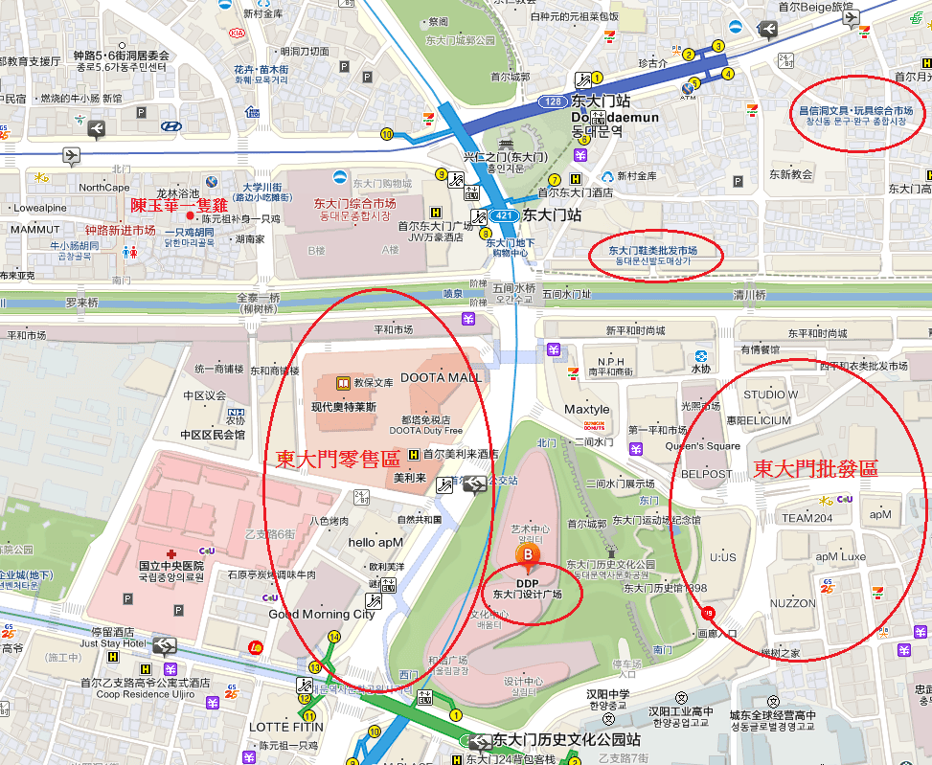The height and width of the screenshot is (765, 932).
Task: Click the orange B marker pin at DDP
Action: click(526, 556)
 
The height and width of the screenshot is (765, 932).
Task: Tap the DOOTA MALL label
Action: click(441, 377)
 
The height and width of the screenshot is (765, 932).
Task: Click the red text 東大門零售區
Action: click(337, 459)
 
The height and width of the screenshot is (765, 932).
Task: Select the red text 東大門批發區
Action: click(815, 468)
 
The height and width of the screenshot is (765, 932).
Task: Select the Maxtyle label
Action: click(586, 410)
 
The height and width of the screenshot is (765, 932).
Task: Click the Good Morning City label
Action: click(322, 614)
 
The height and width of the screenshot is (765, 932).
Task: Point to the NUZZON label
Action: click(792, 603)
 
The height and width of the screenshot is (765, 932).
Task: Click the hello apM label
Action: click(375, 542)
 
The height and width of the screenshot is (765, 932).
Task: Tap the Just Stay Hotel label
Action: click(113, 643)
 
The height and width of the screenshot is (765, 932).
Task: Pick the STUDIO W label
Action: click(770, 394)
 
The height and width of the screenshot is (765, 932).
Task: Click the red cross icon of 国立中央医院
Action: click(170, 553)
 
